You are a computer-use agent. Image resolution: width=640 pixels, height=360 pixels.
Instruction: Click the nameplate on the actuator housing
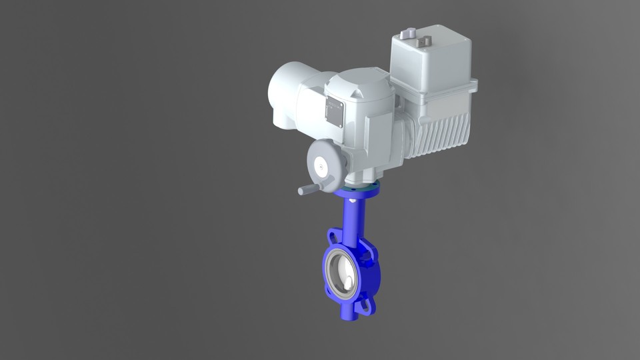tap(335, 112)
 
